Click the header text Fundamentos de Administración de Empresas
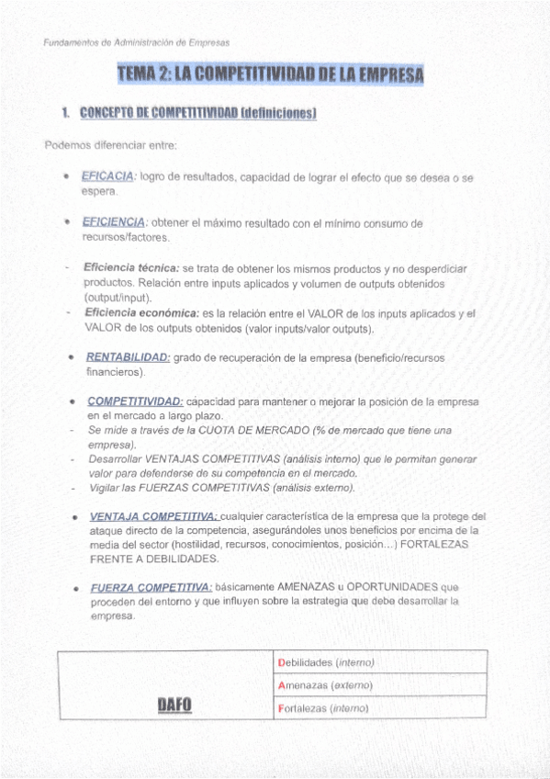pos(137,42)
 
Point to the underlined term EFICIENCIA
pos(114,222)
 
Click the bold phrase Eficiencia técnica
pos(131,268)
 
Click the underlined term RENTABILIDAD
pos(128,357)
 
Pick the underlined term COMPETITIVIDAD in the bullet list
pos(135,401)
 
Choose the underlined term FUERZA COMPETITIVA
pos(151,587)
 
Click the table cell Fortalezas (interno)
pos(322,708)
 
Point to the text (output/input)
pos(118,298)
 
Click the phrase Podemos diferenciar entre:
pos(110,145)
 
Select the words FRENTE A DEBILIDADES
pos(153,559)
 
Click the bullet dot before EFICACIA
pos(67,177)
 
